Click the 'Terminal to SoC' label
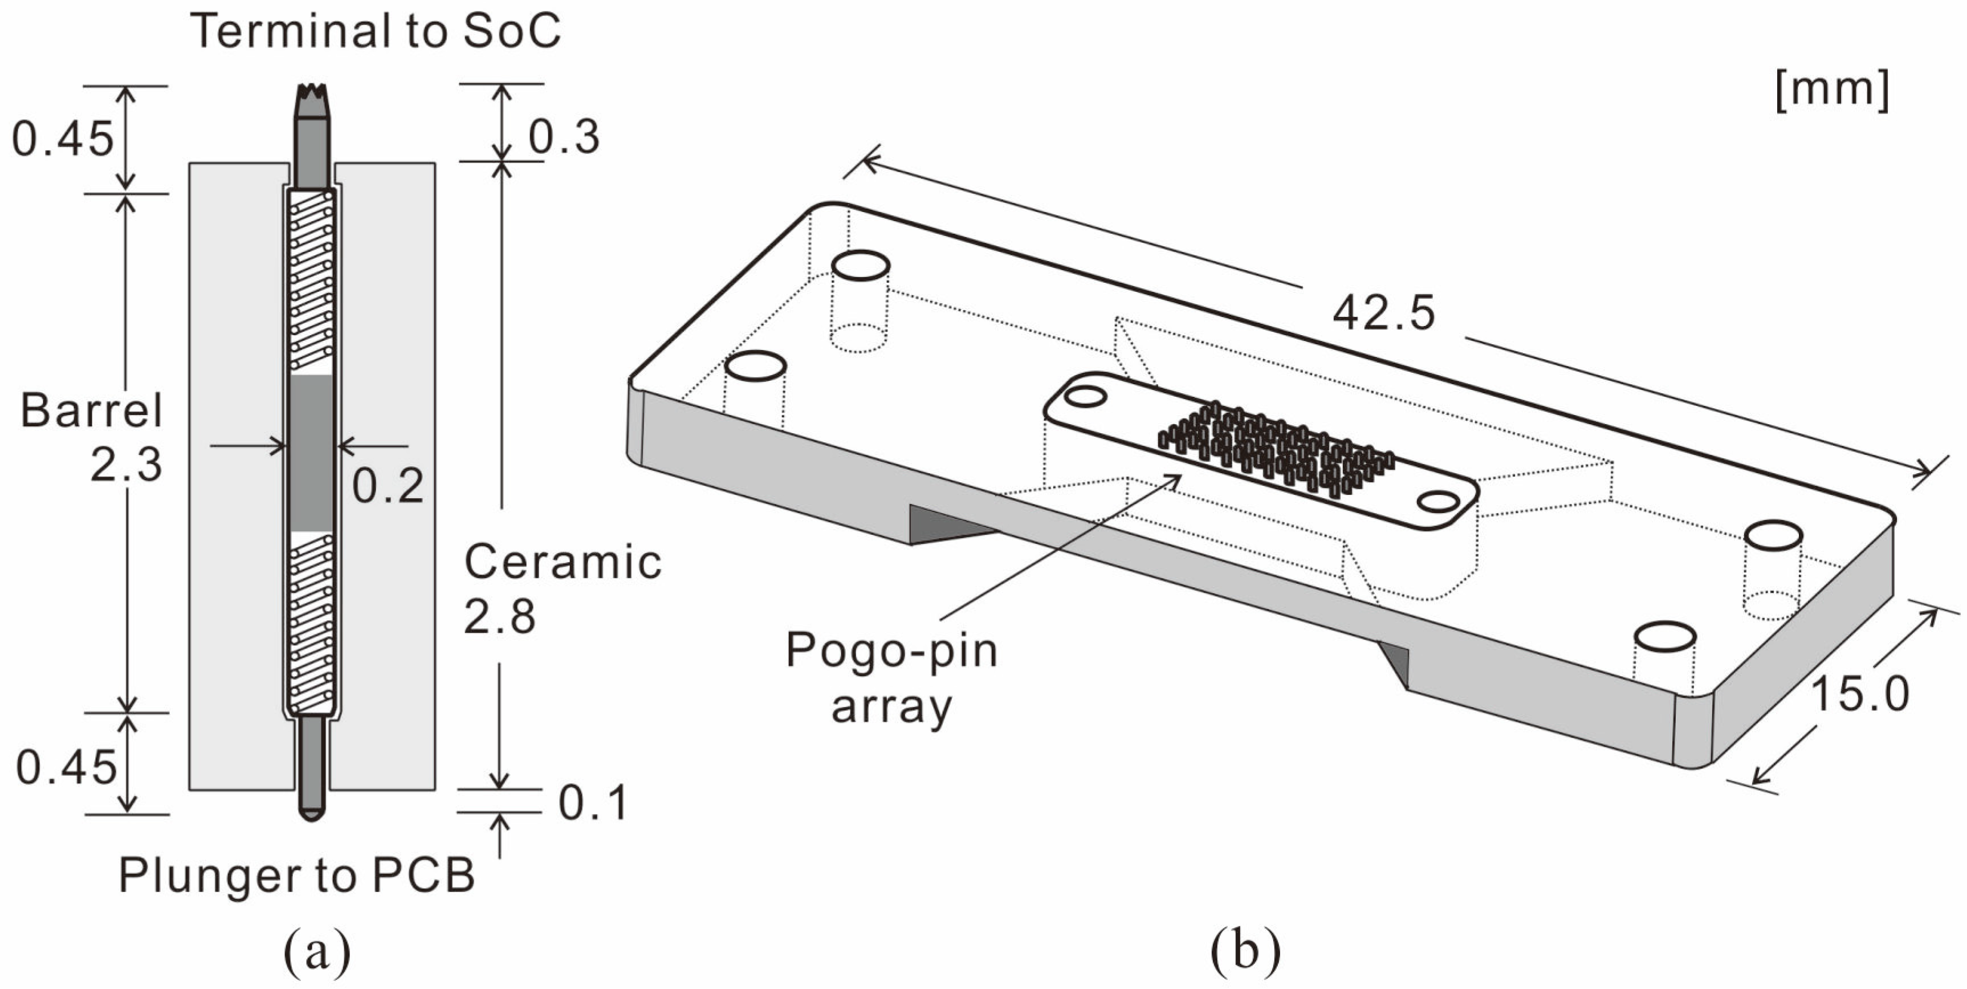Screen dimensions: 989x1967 point(375,32)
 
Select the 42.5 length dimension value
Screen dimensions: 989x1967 point(1383,313)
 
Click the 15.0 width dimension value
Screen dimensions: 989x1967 point(1859,695)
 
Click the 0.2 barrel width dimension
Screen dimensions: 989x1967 point(387,486)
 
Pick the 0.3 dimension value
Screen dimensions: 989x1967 point(564,138)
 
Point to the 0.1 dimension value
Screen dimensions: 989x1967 point(593,803)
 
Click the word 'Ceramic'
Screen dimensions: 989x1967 point(563,563)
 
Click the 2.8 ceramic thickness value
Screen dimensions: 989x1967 point(499,617)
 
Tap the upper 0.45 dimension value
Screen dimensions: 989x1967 point(63,140)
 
